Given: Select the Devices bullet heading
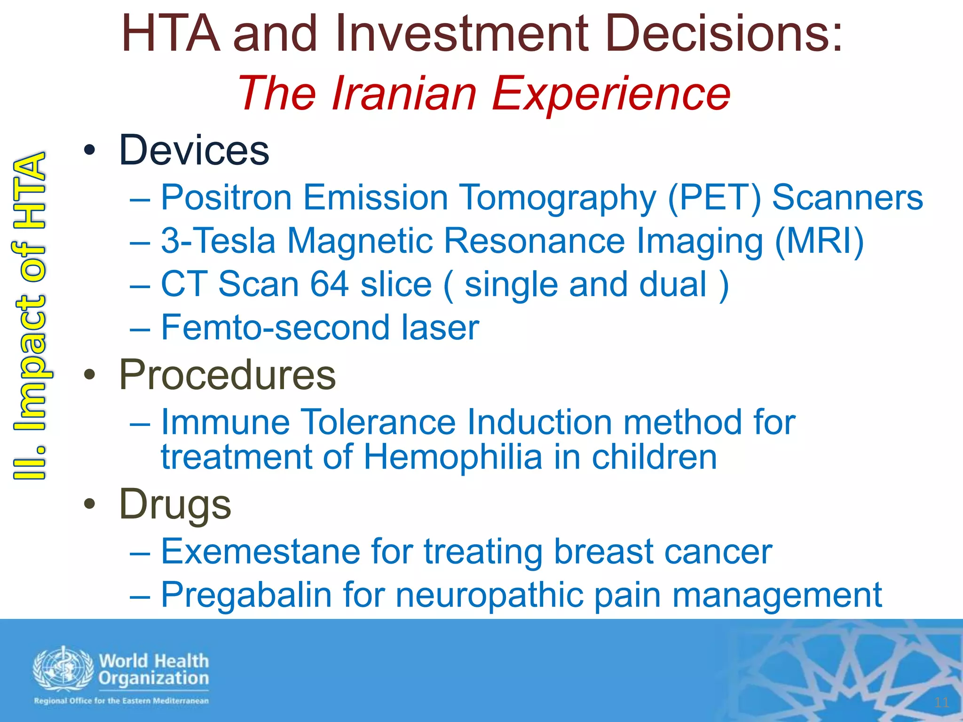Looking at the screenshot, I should point(194,150).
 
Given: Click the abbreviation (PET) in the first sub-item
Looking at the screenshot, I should point(714,197).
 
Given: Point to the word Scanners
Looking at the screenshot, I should point(847,197).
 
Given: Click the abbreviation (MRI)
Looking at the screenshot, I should point(819,241).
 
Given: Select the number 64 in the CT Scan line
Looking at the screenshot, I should point(329,284).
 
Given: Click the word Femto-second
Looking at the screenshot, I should point(275,328).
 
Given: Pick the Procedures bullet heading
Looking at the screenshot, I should point(228,375).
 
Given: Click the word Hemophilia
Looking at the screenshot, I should point(453,457).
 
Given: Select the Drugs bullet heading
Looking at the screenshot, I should point(175,504).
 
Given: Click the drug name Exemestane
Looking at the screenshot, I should point(260,551).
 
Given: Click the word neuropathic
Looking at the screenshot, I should point(489,595).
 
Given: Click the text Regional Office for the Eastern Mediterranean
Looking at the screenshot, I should point(121,701).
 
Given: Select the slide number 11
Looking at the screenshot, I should point(941,703).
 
